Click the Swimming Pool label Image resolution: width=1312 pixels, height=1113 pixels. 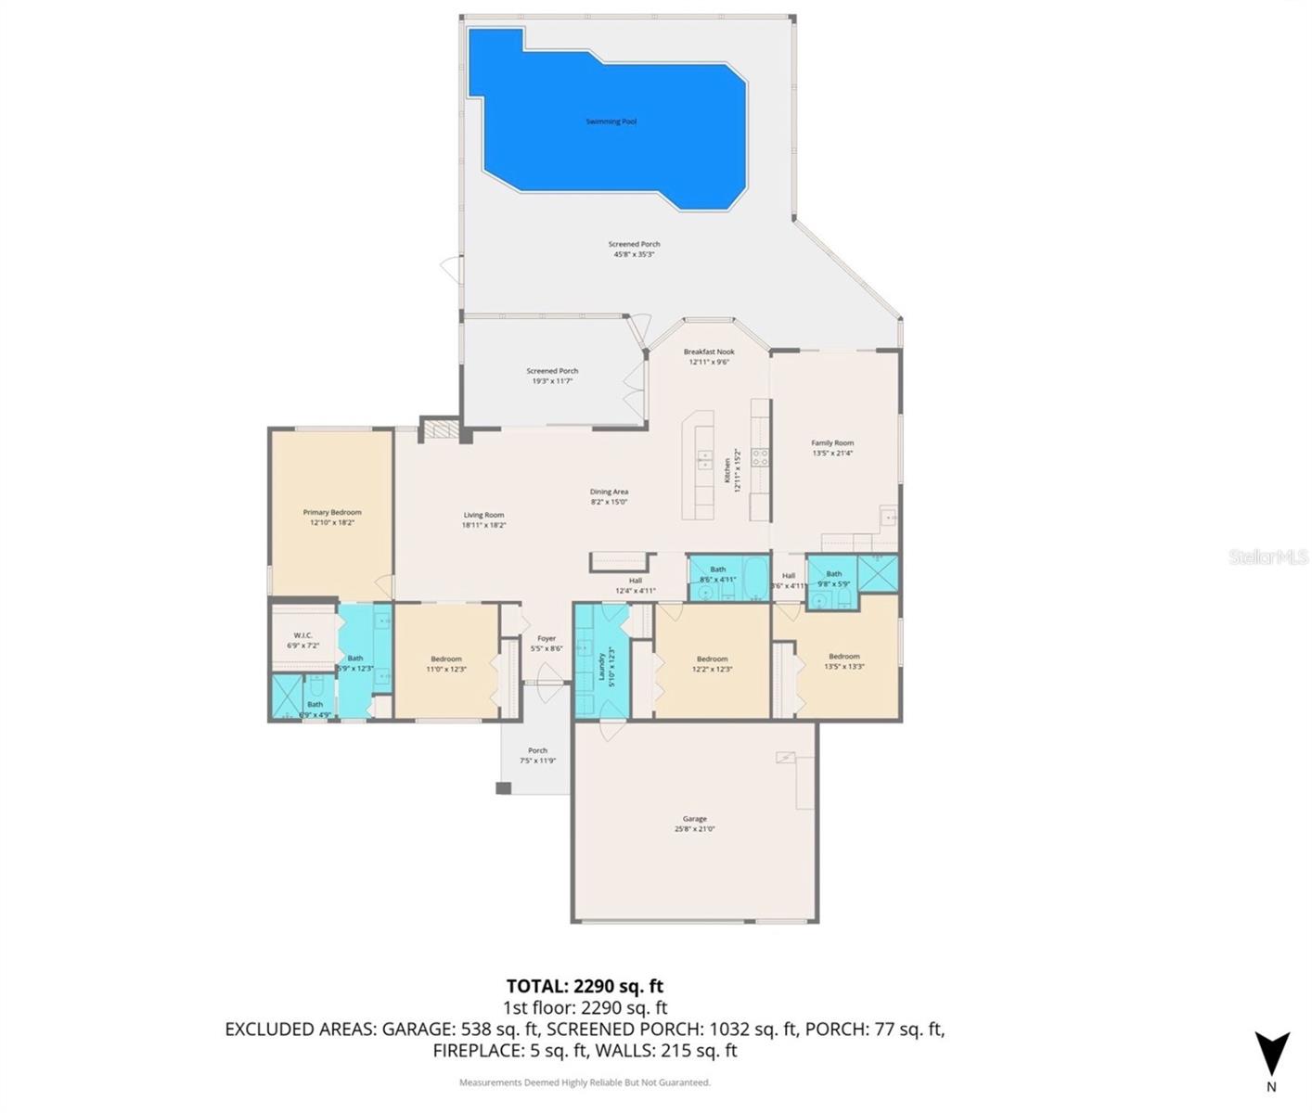[x=611, y=122]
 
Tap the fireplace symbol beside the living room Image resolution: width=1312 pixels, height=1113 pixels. [x=440, y=429]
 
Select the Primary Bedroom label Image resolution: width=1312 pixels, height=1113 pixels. [x=332, y=513]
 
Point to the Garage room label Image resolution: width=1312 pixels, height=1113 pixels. [x=694, y=819]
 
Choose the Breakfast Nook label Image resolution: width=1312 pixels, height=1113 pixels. [x=709, y=352]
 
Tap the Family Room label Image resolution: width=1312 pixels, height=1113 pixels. [x=832, y=443]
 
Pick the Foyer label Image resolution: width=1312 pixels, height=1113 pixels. [x=547, y=638]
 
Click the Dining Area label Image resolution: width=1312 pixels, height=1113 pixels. [x=609, y=492]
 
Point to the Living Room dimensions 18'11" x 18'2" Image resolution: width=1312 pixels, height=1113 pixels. [x=483, y=526]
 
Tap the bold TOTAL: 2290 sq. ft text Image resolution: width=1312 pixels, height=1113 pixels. [x=585, y=986]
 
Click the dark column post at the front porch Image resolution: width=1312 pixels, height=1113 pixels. [x=503, y=788]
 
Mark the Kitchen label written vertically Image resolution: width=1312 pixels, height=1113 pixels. [x=727, y=469]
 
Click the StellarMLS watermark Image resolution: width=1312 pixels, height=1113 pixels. [x=1268, y=556]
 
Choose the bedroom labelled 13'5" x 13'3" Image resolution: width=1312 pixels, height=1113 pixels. [x=843, y=661]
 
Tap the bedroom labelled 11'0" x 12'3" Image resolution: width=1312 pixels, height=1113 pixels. [x=445, y=664]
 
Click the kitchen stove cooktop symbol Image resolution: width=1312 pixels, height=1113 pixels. [x=759, y=455]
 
